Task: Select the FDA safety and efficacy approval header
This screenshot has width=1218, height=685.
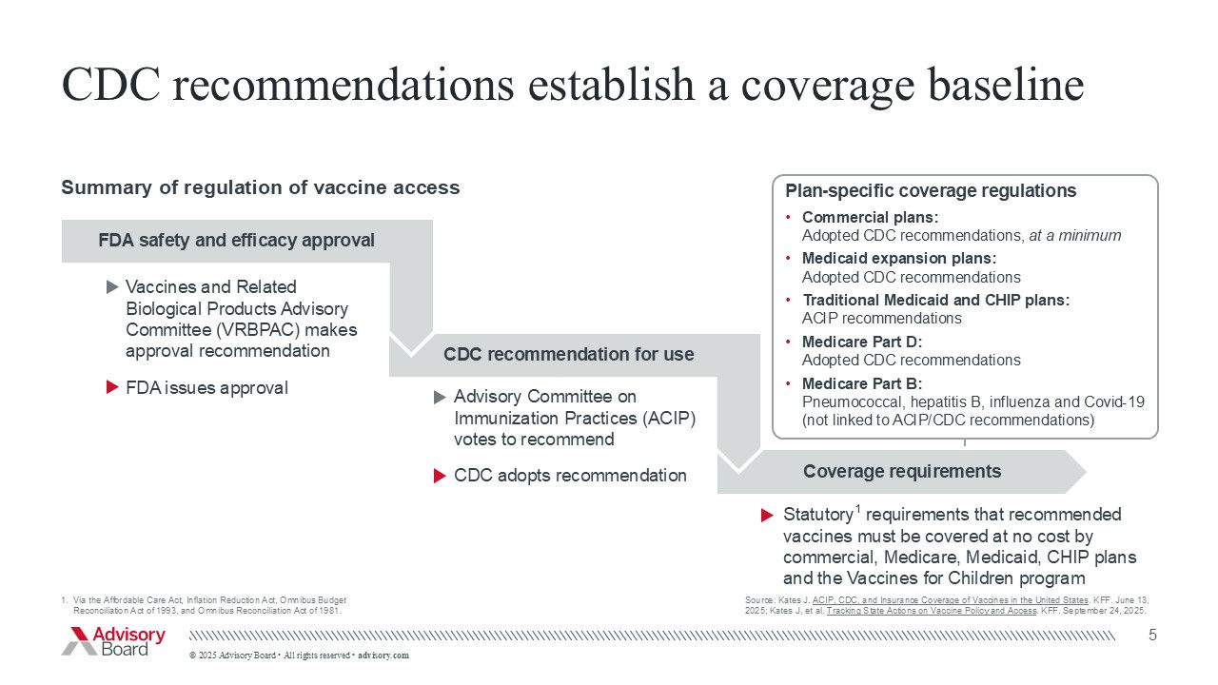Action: (x=236, y=241)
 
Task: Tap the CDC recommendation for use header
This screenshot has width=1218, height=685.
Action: (x=568, y=355)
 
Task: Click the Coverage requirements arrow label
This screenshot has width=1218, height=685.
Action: (x=901, y=472)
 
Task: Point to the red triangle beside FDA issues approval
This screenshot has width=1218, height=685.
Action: (x=112, y=388)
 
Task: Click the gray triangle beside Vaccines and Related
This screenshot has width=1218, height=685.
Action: (x=112, y=286)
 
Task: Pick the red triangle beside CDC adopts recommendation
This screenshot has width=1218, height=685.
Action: (x=440, y=476)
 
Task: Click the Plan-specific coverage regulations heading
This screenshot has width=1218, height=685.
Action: (x=930, y=191)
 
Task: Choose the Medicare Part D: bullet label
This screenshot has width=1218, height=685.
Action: (x=861, y=342)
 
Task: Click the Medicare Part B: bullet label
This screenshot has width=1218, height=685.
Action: (x=861, y=383)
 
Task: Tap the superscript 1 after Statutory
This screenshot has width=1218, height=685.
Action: (x=858, y=509)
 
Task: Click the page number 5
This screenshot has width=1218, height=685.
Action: (x=1152, y=635)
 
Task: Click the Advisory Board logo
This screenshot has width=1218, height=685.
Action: (x=113, y=641)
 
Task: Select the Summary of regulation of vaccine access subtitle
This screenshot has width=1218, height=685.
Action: (x=260, y=187)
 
